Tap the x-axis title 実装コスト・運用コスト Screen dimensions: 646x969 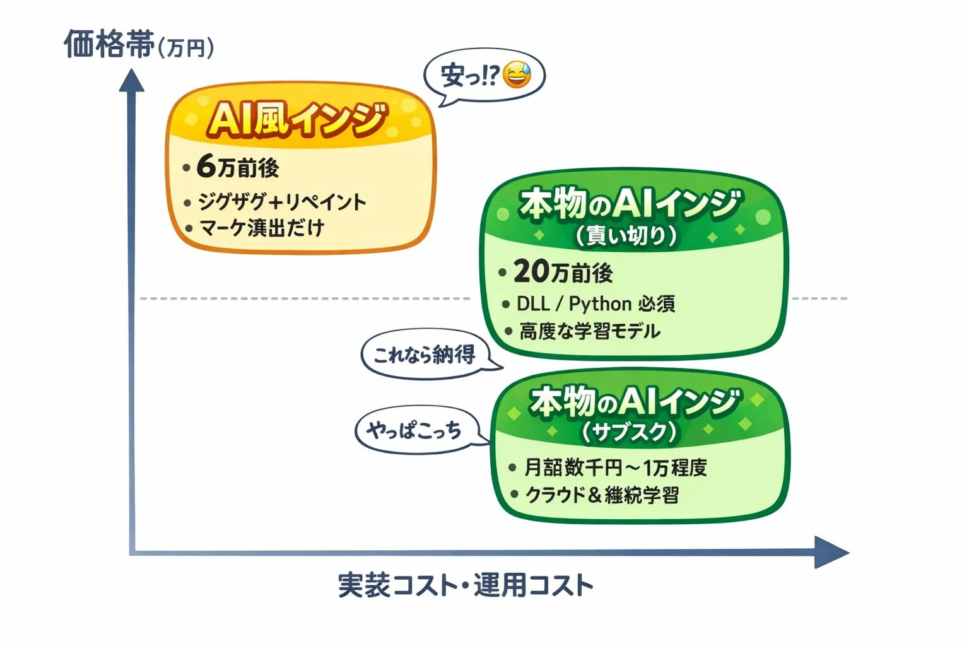(x=466, y=585)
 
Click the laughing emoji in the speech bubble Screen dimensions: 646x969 (x=517, y=75)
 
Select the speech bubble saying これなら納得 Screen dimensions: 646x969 (x=424, y=355)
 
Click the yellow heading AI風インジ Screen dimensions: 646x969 (x=297, y=120)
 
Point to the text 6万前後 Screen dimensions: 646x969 (x=238, y=168)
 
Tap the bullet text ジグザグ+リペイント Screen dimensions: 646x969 (x=281, y=202)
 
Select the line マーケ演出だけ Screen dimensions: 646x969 (x=262, y=228)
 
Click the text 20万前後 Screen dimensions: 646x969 (x=563, y=273)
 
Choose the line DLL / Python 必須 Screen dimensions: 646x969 (x=596, y=304)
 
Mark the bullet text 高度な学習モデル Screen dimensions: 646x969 (x=589, y=331)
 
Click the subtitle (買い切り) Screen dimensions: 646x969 (x=626, y=235)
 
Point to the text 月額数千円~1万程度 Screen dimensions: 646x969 (x=615, y=467)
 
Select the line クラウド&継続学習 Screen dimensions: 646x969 (x=602, y=495)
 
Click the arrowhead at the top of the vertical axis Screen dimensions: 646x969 (x=132, y=81)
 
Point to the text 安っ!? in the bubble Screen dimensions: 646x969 (x=469, y=76)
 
